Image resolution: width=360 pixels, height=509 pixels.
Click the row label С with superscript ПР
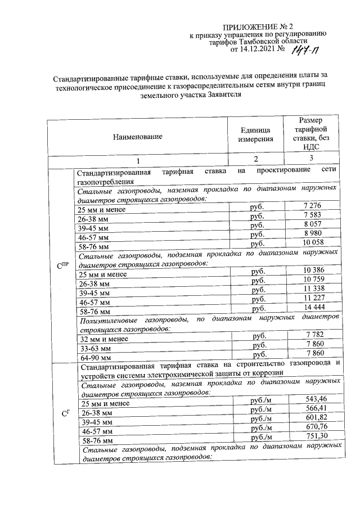coord(62,265)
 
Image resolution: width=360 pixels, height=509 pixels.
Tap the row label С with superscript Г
coord(64,415)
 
